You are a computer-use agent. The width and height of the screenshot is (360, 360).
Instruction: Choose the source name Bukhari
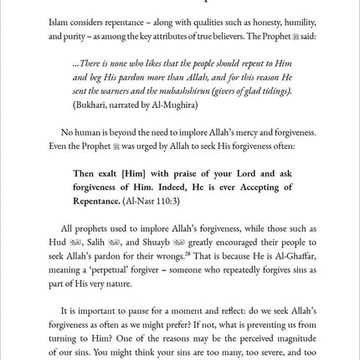tap(91, 105)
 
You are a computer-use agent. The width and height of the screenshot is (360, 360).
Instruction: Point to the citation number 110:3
tap(164, 201)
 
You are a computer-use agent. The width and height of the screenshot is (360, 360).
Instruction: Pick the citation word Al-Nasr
tap(137, 201)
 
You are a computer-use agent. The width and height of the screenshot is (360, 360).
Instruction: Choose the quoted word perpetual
tap(106, 269)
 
